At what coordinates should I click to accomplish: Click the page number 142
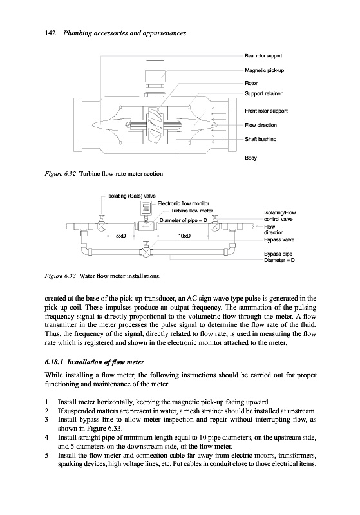50,33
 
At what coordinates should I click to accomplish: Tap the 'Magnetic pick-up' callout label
265,70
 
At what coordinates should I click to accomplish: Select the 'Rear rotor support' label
263,56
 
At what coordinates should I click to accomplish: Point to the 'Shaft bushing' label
261,139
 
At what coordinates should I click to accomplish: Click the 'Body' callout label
251,158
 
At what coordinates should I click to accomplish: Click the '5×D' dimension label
121,236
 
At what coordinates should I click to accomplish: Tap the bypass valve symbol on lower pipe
146,251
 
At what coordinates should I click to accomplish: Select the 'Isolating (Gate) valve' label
131,196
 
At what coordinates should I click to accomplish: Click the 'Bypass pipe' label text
278,254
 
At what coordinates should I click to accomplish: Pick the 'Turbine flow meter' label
192,211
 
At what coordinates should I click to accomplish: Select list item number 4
46,438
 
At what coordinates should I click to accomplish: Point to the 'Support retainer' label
263,93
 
